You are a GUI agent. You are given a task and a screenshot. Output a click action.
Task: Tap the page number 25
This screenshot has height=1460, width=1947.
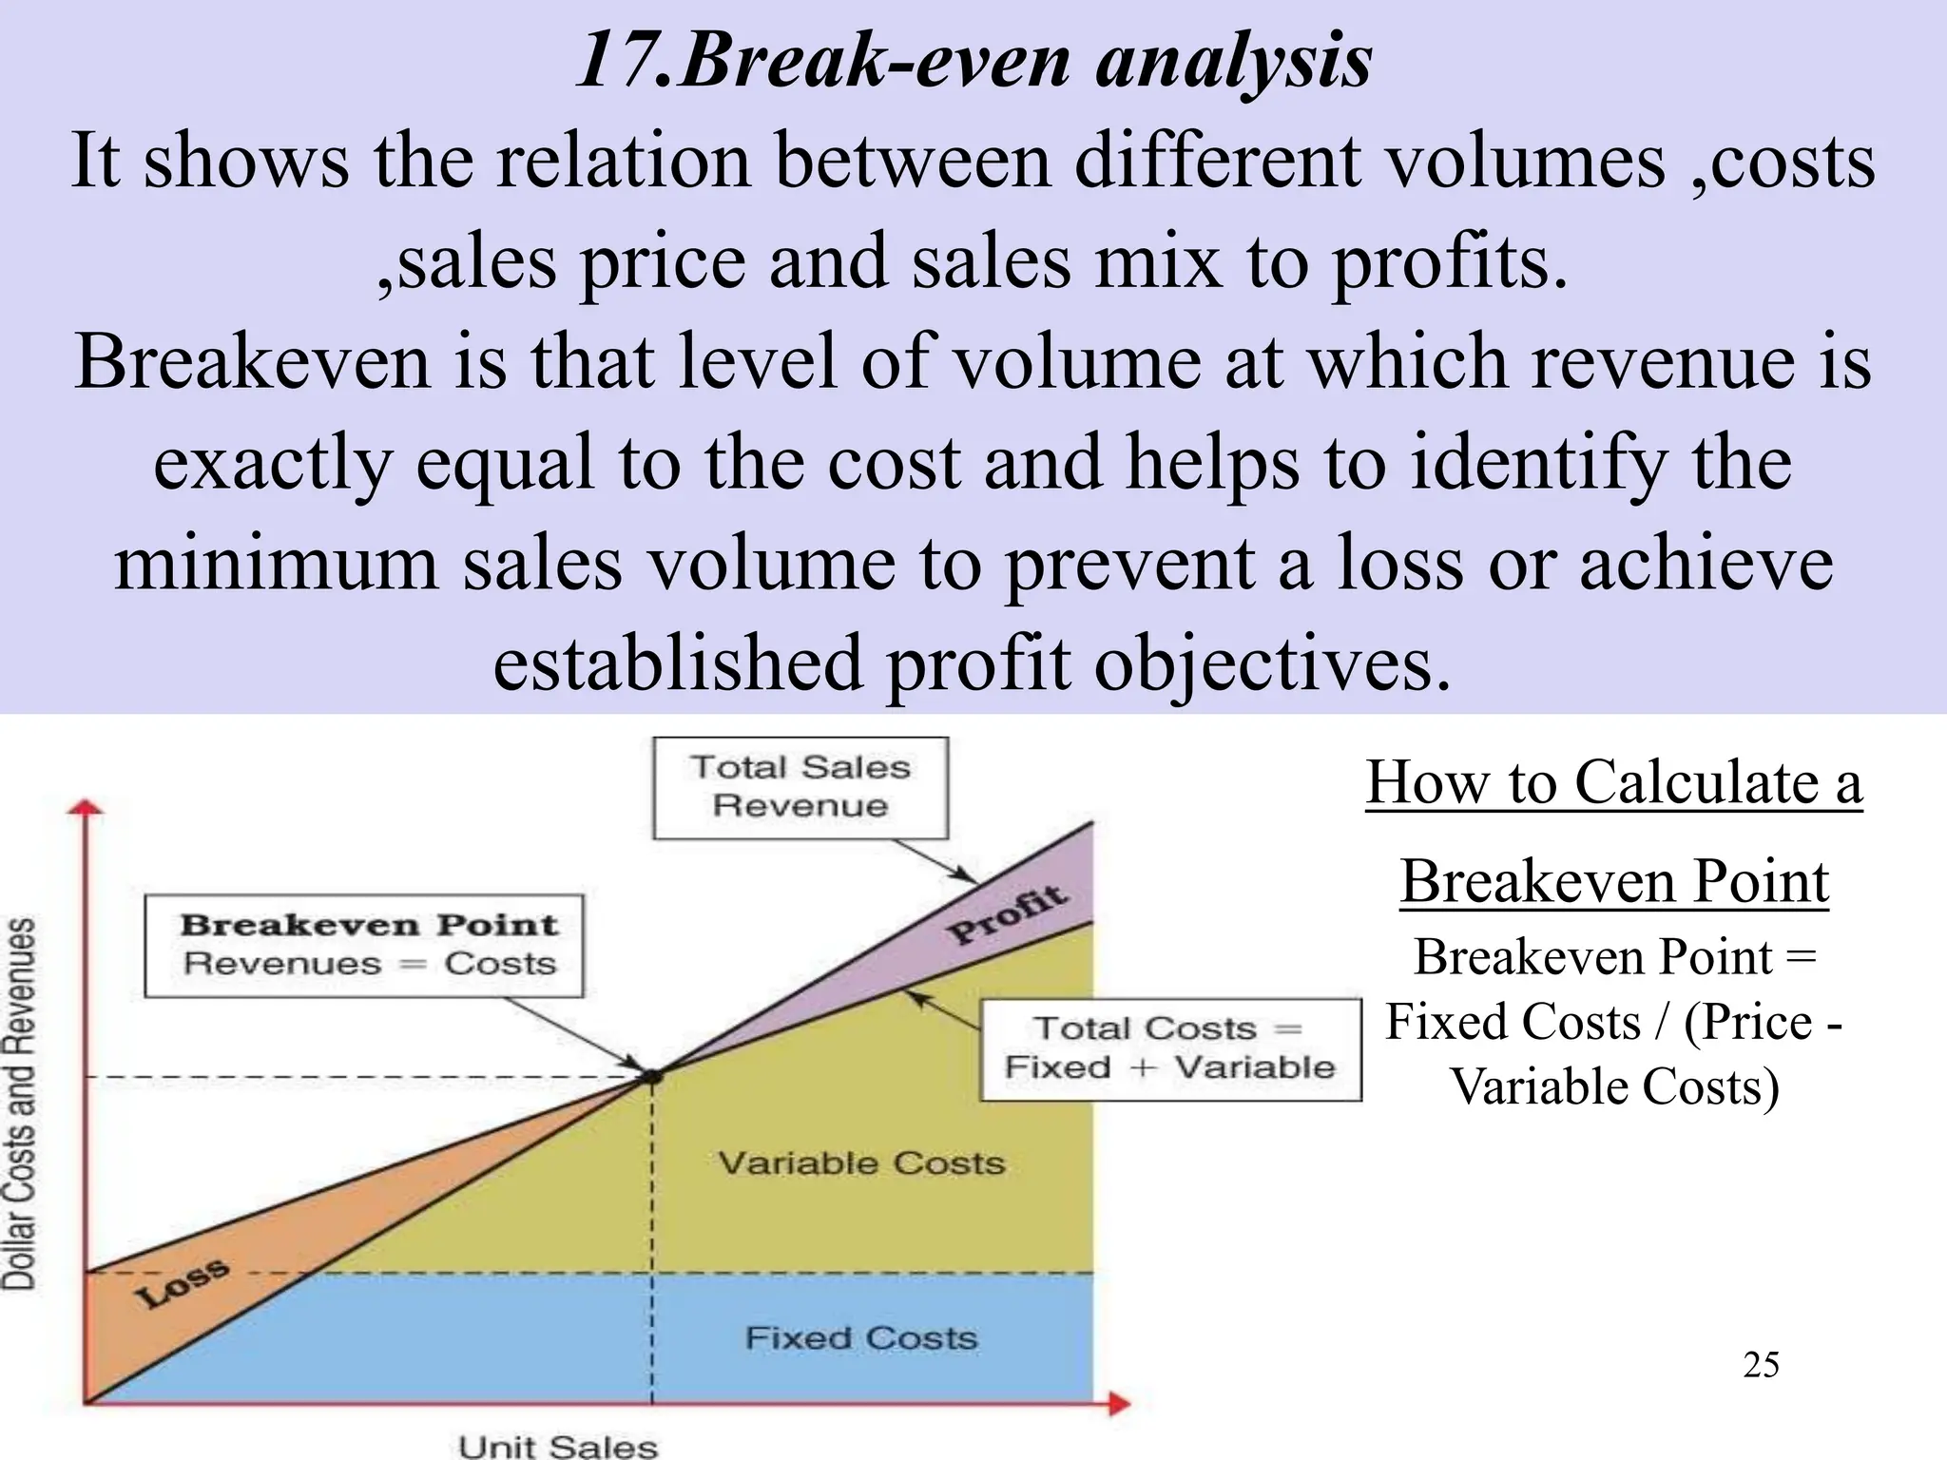pos(1761,1365)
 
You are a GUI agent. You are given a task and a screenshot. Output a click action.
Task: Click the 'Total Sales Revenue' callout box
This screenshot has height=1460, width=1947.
pos(800,787)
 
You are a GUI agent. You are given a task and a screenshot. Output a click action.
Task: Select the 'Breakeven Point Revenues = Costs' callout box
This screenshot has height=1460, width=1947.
pos(364,945)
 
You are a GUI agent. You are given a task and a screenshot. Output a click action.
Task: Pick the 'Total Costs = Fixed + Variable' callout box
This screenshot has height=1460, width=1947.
pos(1170,1048)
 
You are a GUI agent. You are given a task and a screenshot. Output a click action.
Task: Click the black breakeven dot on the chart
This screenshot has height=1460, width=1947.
pos(652,1076)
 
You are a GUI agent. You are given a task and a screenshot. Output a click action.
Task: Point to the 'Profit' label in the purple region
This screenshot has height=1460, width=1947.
pos(1009,913)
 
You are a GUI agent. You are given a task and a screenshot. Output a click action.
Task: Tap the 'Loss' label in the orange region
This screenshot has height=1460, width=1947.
pos(182,1282)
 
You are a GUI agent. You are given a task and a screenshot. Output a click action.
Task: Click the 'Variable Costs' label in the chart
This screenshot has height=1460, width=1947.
pos(861,1162)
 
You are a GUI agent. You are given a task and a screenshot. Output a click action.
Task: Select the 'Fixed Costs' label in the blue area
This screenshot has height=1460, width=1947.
pos(861,1337)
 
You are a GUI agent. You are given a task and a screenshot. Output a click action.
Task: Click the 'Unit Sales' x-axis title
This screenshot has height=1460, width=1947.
pos(558,1446)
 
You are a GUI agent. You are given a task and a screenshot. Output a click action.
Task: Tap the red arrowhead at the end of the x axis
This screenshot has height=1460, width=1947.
pos(1122,1404)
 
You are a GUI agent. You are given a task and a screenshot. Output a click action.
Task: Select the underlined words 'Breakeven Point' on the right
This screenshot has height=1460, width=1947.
pos(1613,881)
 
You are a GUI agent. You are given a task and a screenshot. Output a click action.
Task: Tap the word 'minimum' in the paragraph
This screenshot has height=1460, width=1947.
pos(277,563)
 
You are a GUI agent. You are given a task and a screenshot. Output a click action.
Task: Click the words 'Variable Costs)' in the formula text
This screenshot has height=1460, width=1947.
pos(1614,1086)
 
